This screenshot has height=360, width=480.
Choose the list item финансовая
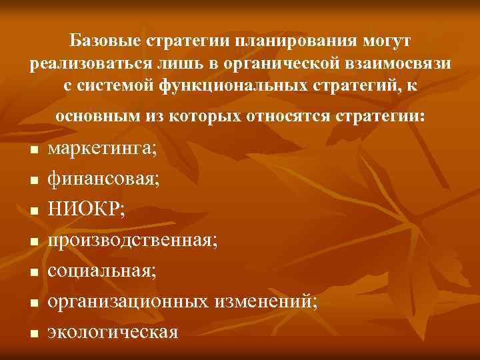[104, 179]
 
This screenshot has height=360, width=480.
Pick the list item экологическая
[113, 331]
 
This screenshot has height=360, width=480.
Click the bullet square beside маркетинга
[31, 151]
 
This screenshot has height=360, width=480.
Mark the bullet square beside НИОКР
[31, 211]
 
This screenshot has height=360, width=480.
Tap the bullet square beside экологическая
[31, 333]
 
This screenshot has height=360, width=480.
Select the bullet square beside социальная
[31, 272]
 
